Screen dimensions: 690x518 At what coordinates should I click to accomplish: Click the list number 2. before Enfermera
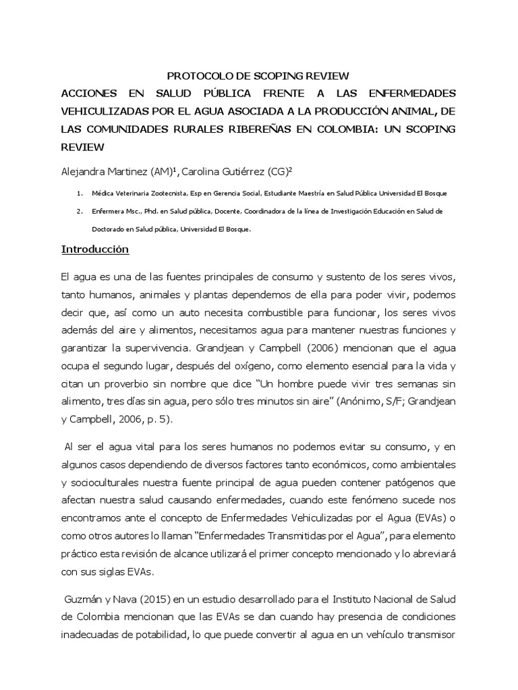click(x=80, y=211)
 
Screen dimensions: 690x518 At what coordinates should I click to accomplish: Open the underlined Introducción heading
click(x=94, y=249)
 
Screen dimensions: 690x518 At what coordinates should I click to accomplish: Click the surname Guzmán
click(x=84, y=599)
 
